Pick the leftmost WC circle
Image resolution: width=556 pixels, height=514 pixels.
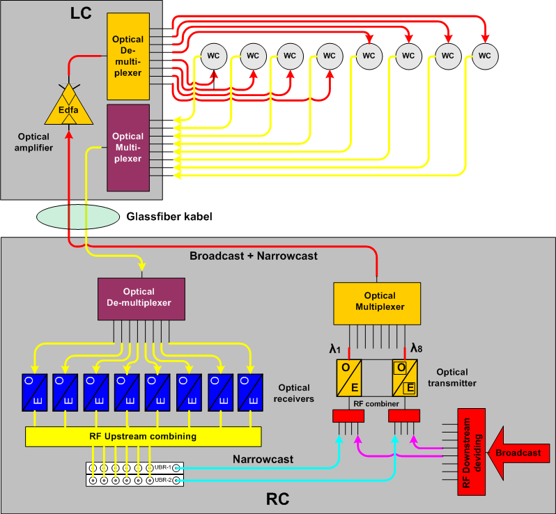coord(214,55)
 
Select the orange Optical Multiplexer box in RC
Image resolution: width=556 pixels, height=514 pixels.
coord(377,303)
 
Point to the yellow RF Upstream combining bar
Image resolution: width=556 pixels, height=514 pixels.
coord(143,437)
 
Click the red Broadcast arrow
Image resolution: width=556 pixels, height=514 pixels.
coord(518,453)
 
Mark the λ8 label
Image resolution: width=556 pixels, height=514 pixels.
coord(417,348)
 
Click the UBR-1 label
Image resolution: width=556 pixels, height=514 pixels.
coord(162,467)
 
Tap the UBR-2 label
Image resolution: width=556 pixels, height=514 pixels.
coord(162,480)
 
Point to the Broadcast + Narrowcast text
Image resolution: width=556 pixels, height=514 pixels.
coord(254,256)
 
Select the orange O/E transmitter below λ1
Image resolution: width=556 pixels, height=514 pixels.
coord(349,377)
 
